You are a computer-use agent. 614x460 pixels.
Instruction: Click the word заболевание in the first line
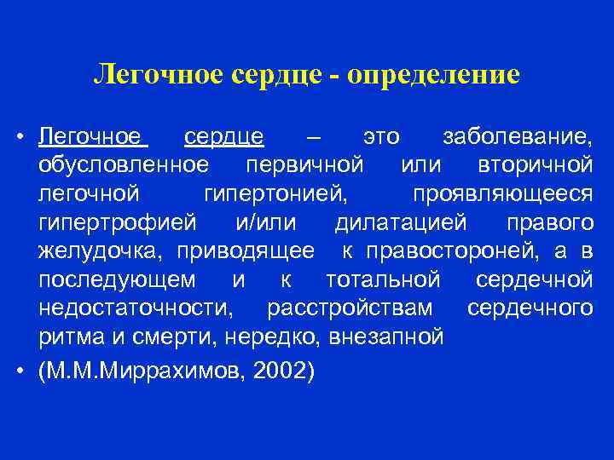click(518, 136)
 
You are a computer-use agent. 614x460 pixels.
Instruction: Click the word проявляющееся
click(502, 193)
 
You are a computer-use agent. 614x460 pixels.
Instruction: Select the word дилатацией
click(401, 222)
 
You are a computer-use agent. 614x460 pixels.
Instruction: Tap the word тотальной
click(383, 279)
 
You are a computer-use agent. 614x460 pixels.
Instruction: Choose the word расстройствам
click(350, 308)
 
